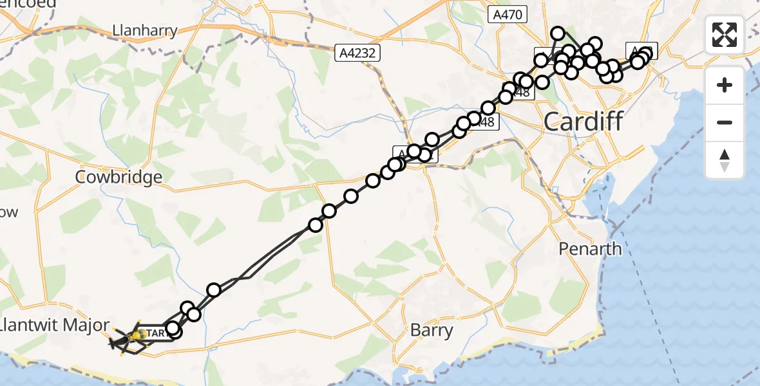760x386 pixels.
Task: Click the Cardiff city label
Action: point(584,121)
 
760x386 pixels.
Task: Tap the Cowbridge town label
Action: point(119,177)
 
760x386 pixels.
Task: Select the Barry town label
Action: point(432,331)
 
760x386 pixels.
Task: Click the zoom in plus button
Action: point(725,85)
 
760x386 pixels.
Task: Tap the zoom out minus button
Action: point(725,122)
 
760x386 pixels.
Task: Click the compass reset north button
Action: point(725,160)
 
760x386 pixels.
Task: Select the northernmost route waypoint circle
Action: point(558,33)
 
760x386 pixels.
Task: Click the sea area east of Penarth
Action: point(683,257)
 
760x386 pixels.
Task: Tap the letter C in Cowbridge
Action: point(82,177)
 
